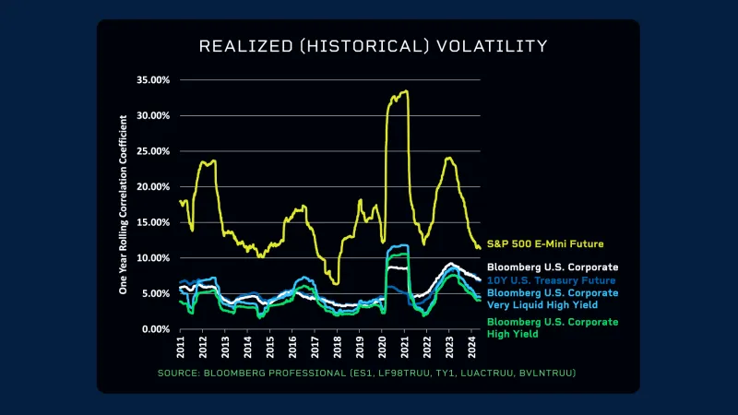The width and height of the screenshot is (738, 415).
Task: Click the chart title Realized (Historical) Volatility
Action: click(374, 45)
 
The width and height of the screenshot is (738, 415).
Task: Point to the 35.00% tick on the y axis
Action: click(153, 80)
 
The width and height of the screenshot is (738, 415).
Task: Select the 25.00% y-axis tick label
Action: click(153, 151)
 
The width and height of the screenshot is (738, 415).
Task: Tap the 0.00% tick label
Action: click(156, 329)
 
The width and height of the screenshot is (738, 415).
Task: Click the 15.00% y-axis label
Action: click(153, 222)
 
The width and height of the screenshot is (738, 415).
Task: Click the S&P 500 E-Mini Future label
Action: click(545, 244)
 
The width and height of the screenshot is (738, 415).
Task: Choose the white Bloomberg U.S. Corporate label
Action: click(552, 267)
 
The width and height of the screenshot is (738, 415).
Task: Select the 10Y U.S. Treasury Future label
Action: click(552, 279)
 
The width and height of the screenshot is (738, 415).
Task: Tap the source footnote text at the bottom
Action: click(367, 373)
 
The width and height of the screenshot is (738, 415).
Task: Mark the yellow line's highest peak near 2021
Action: click(406, 90)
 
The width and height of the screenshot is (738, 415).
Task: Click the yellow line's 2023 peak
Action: click(449, 158)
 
